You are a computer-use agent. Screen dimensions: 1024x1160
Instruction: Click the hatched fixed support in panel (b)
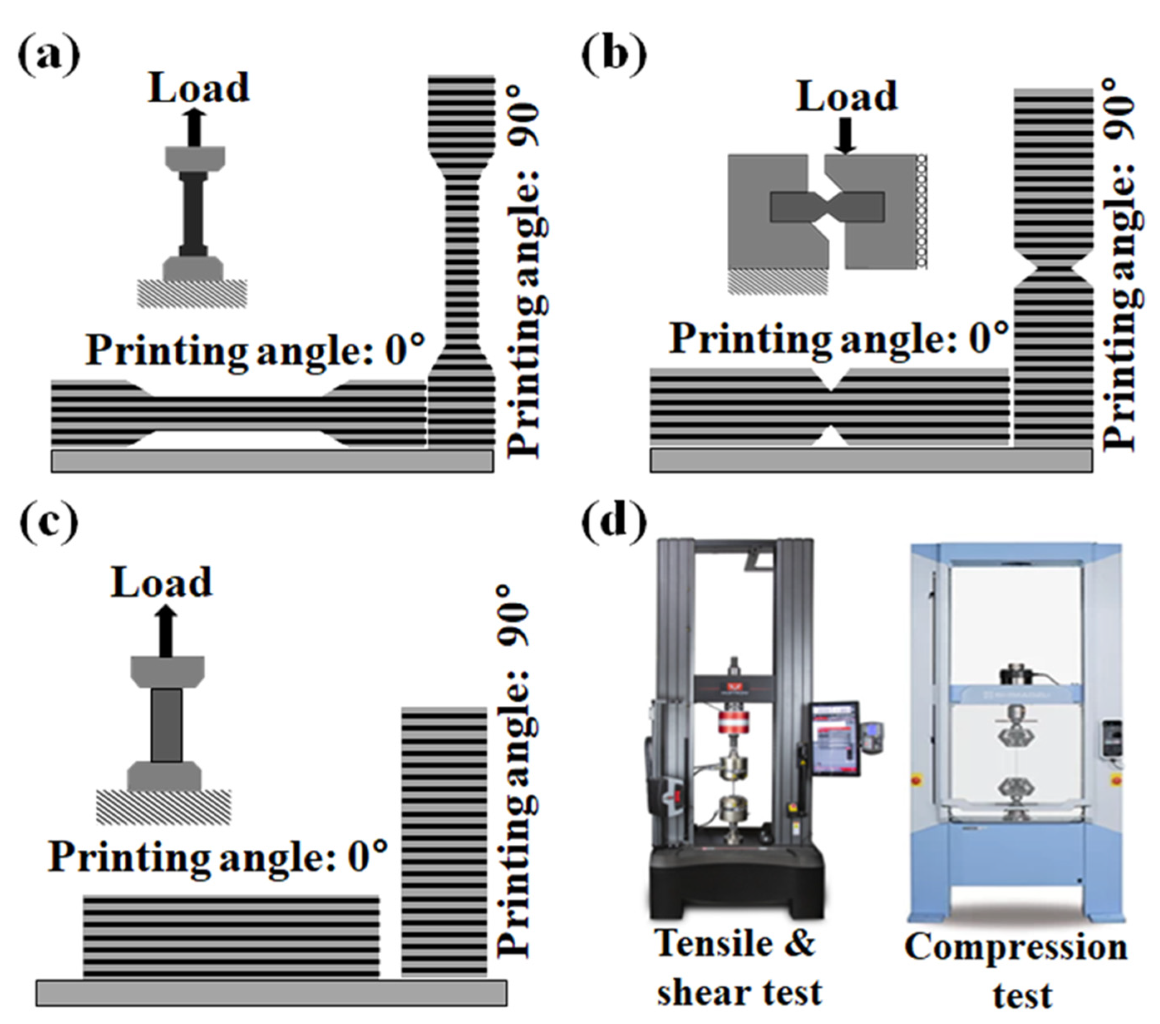click(777, 282)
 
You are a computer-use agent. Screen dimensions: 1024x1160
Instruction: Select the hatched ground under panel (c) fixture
click(163, 806)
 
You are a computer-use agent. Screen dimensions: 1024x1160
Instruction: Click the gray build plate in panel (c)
click(271, 993)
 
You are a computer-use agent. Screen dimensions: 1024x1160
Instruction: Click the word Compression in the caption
click(1015, 947)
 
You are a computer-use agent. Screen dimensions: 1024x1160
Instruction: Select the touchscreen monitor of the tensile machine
click(834, 738)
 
